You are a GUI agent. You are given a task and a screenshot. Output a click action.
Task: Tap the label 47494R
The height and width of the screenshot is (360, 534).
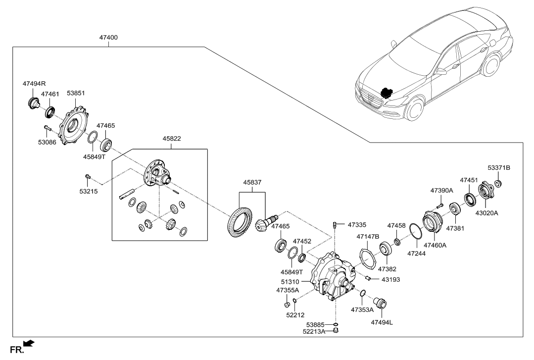(x=34, y=84)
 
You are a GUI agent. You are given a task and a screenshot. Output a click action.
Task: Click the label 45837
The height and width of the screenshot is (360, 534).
(x=252, y=183)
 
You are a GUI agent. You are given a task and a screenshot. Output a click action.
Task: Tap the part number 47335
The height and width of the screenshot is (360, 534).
(x=357, y=224)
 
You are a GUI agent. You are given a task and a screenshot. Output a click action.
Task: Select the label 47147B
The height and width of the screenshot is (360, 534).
(x=368, y=237)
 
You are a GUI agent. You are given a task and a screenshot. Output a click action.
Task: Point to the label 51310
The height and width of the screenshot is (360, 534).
(x=291, y=282)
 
